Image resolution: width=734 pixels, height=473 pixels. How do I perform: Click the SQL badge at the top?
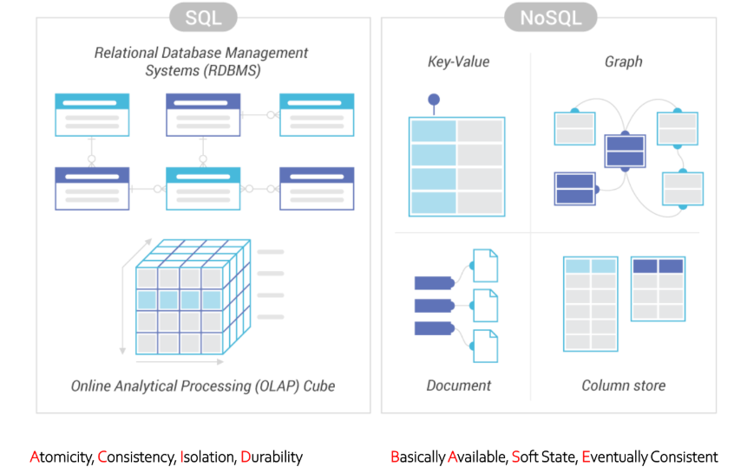204,16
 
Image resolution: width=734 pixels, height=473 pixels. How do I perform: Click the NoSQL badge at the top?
550,16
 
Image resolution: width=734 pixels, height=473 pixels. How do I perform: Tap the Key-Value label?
458,62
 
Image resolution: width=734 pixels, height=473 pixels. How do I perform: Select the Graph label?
623,62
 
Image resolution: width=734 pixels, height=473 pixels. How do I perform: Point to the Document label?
458,386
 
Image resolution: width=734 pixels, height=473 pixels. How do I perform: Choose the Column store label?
623,386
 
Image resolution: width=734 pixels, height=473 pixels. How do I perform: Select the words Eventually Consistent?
650,457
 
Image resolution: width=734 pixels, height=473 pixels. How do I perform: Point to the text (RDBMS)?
229,70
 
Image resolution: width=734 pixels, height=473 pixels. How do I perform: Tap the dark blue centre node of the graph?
625,151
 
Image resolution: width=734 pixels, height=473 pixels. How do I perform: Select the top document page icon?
485,265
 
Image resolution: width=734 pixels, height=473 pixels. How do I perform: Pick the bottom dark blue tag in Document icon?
434,328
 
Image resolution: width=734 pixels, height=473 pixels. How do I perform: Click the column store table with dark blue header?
657,288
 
